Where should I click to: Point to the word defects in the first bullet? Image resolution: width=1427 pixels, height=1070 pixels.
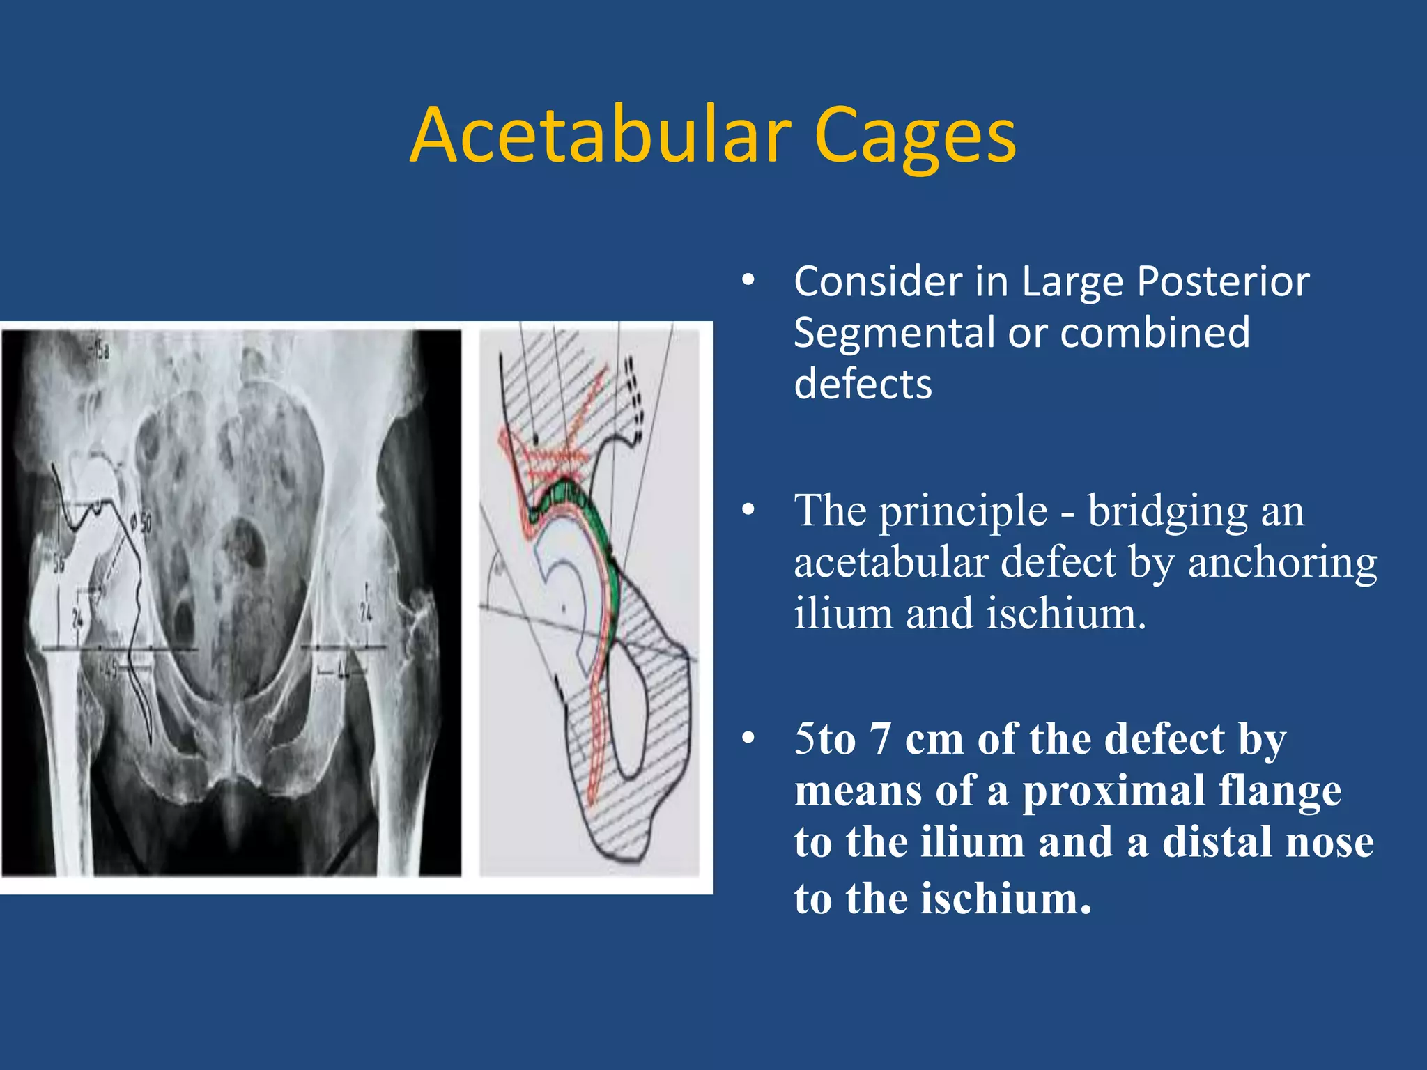(x=863, y=385)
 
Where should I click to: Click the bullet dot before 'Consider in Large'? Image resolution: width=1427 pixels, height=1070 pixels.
(x=748, y=281)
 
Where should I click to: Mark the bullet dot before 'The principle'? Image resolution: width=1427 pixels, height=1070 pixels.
(x=748, y=511)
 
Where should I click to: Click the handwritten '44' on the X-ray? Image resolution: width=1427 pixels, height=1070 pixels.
(x=343, y=672)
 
